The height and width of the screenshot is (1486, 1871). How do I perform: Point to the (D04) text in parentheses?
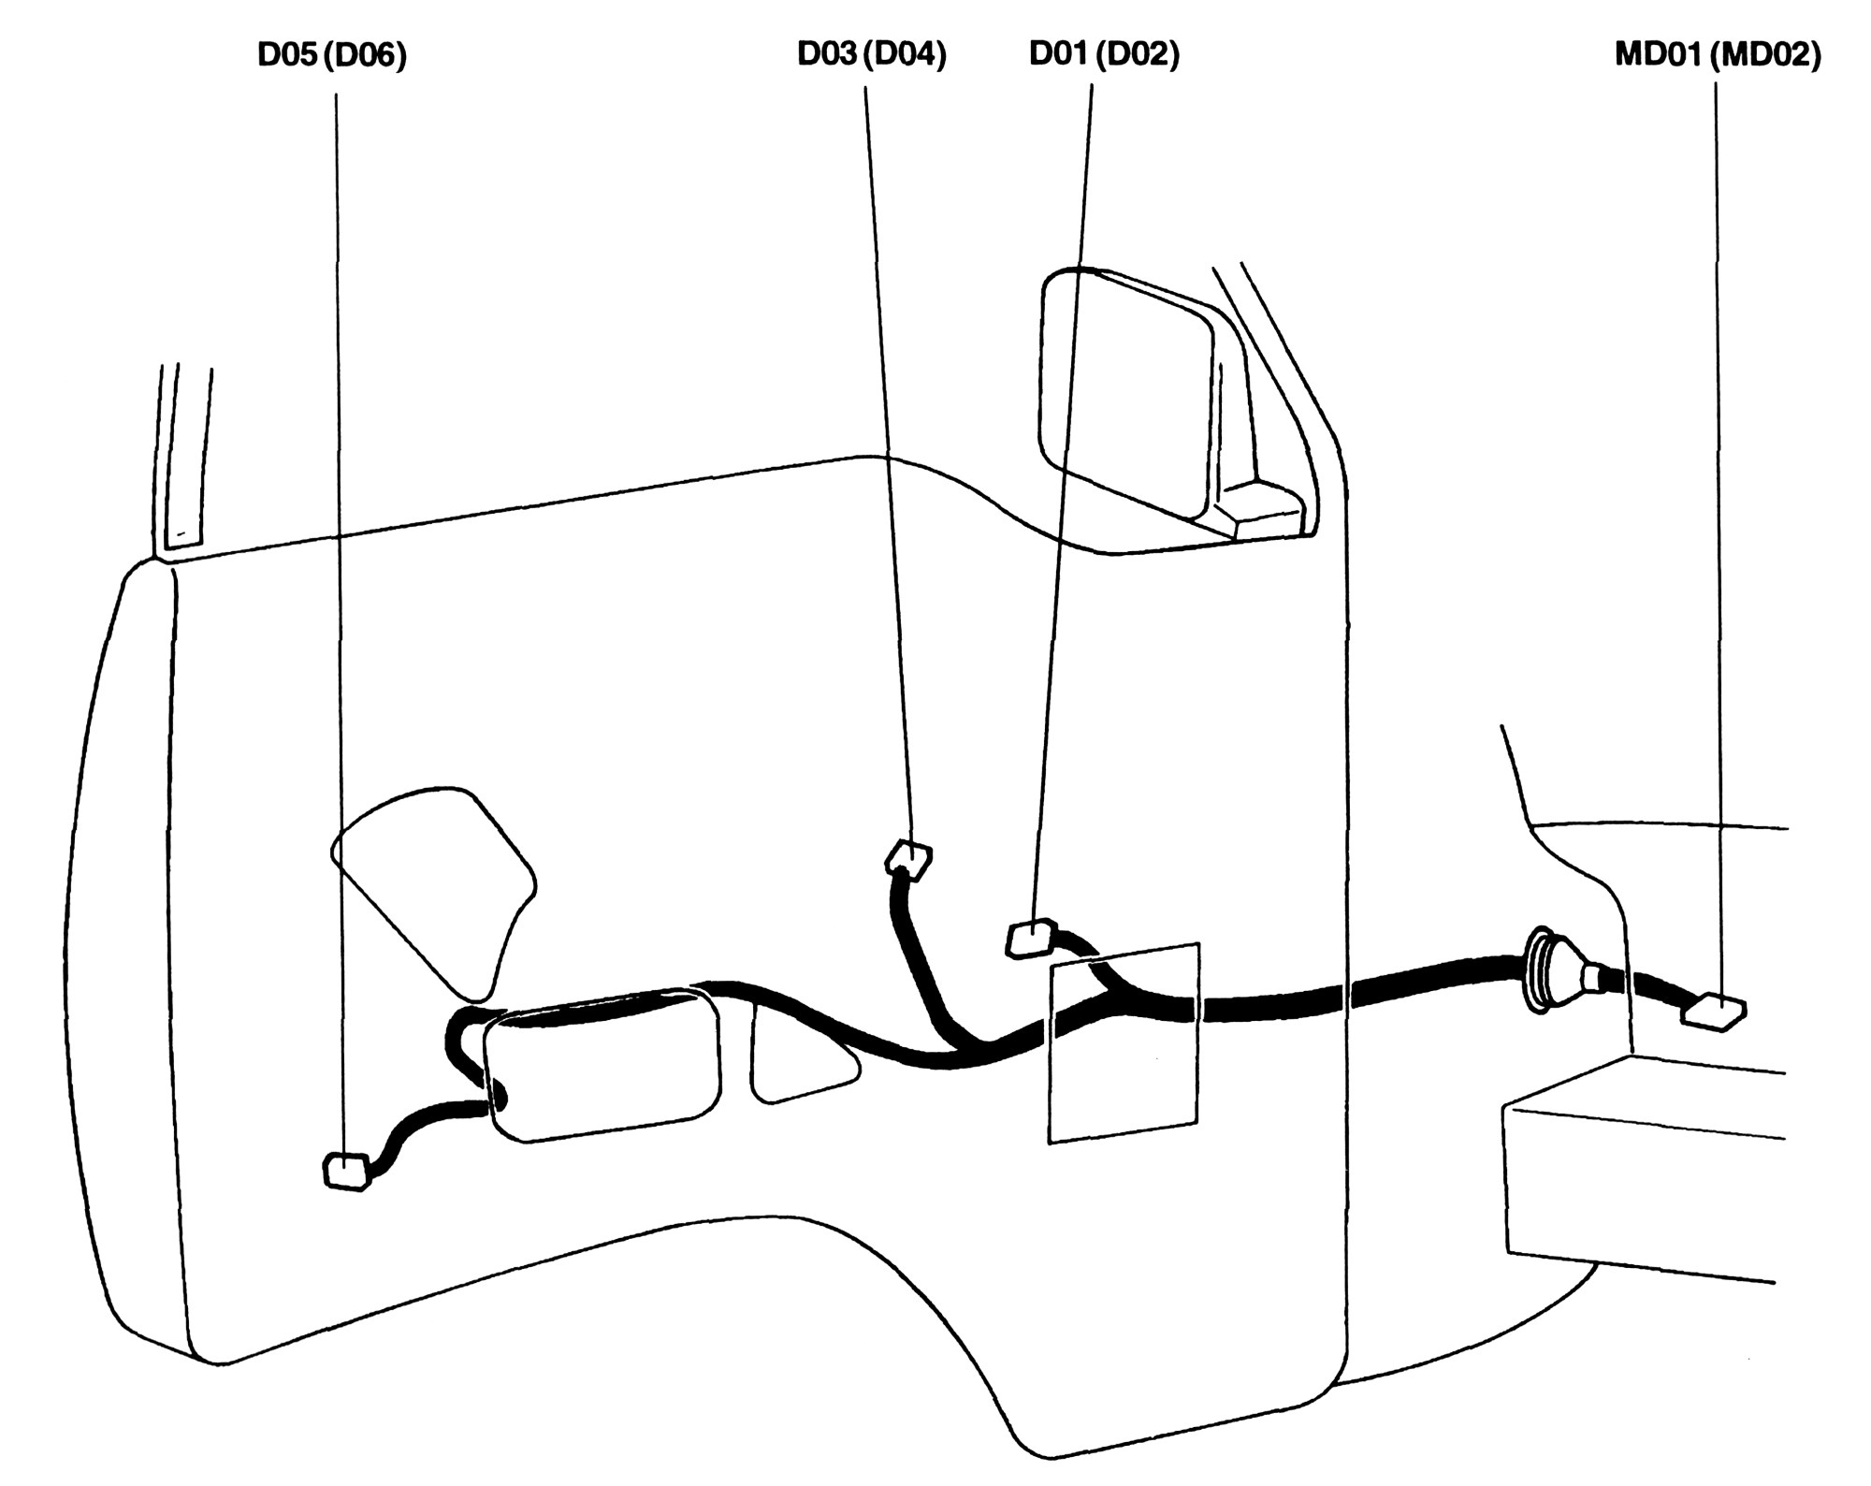(905, 55)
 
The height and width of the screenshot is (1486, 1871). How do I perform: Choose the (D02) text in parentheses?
(1137, 55)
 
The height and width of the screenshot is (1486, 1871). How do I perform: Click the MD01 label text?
(1660, 54)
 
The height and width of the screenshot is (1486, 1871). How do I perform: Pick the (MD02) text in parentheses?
(1765, 55)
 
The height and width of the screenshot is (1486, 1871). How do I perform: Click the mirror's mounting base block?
(1262, 513)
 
